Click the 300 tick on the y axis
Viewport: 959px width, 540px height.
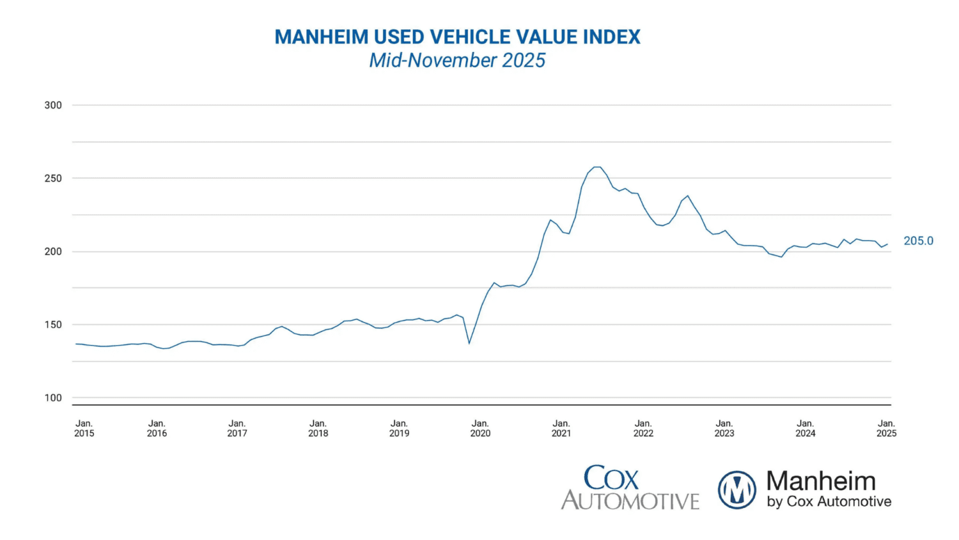pyautogui.click(x=53, y=106)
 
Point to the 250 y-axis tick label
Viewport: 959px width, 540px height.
pyautogui.click(x=53, y=179)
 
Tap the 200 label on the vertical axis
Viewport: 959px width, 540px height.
pyautogui.click(x=53, y=251)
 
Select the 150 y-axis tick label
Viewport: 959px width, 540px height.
pyautogui.click(x=53, y=324)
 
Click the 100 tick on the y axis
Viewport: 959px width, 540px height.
pyautogui.click(x=53, y=398)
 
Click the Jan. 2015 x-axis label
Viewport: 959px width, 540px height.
pyautogui.click(x=84, y=429)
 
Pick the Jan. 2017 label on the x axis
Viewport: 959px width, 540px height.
pyautogui.click(x=237, y=429)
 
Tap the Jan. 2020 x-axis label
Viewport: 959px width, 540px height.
pyautogui.click(x=480, y=429)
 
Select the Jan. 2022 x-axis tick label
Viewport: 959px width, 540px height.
pyautogui.click(x=643, y=429)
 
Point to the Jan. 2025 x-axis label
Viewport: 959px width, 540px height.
pyautogui.click(x=886, y=429)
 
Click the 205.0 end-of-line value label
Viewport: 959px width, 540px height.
pyautogui.click(x=918, y=241)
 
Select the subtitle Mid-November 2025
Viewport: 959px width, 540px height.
pyautogui.click(x=457, y=60)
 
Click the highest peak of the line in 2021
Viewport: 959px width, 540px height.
pyautogui.click(x=596, y=167)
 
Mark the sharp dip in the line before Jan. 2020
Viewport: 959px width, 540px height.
pyautogui.click(x=469, y=344)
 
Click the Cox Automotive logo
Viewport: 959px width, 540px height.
pyautogui.click(x=630, y=488)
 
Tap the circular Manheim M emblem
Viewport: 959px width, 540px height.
pyautogui.click(x=737, y=490)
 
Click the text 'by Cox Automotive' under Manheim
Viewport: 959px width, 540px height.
pyautogui.click(x=829, y=502)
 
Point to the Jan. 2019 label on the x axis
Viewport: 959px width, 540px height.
pyautogui.click(x=399, y=429)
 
